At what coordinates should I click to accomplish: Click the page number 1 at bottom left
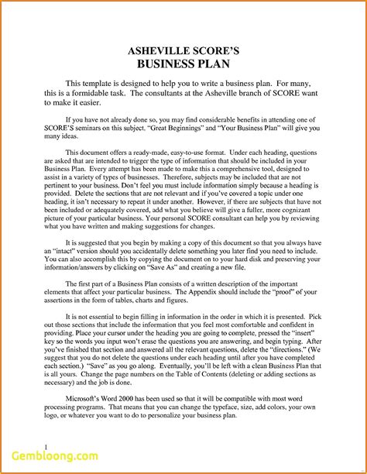coord(26,447)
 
